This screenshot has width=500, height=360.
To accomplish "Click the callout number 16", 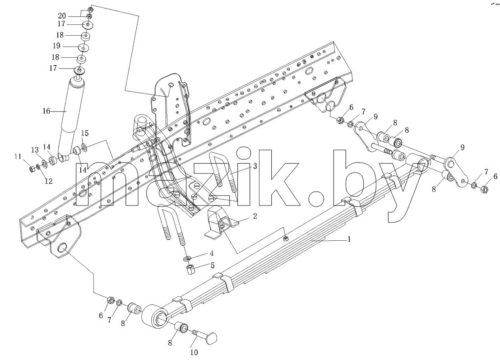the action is tap(46, 111).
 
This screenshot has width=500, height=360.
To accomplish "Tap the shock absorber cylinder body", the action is tap(72, 115).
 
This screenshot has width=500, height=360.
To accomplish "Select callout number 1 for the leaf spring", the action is tap(349, 239).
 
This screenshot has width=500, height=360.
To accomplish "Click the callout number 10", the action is tap(194, 352).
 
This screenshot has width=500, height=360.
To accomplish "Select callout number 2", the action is tap(255, 216).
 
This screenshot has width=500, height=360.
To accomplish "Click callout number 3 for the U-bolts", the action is tap(255, 166).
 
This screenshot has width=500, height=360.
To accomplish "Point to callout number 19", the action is tap(56, 46).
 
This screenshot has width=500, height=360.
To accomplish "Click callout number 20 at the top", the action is tap(62, 16).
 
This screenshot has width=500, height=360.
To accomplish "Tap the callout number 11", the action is tap(18, 157).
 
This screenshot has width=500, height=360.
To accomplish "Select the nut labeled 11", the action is tap(32, 169).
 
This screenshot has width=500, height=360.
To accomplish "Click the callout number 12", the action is tap(48, 181).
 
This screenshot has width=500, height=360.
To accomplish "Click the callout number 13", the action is tap(35, 150).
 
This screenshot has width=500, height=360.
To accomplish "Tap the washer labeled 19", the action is tap(84, 47).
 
